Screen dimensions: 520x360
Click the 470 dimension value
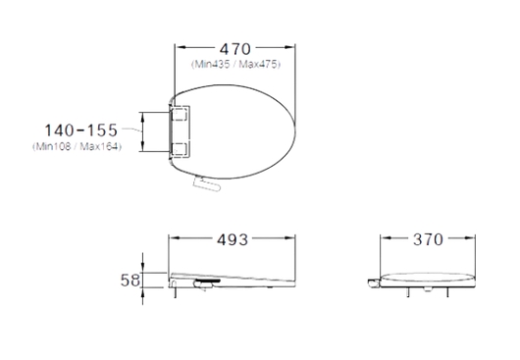coord(235,49)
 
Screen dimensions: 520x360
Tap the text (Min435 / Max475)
coord(235,64)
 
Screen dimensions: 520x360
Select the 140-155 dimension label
coord(80,130)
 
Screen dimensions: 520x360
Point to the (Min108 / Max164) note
coord(77,146)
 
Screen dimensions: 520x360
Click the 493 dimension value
coord(233,239)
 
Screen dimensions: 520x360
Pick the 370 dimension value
coord(428,239)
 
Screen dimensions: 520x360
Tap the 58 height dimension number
coord(130,281)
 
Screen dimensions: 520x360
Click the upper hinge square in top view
coord(181,114)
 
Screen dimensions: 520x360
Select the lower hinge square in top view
coord(181,149)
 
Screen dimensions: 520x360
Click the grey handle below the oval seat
coord(207,183)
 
